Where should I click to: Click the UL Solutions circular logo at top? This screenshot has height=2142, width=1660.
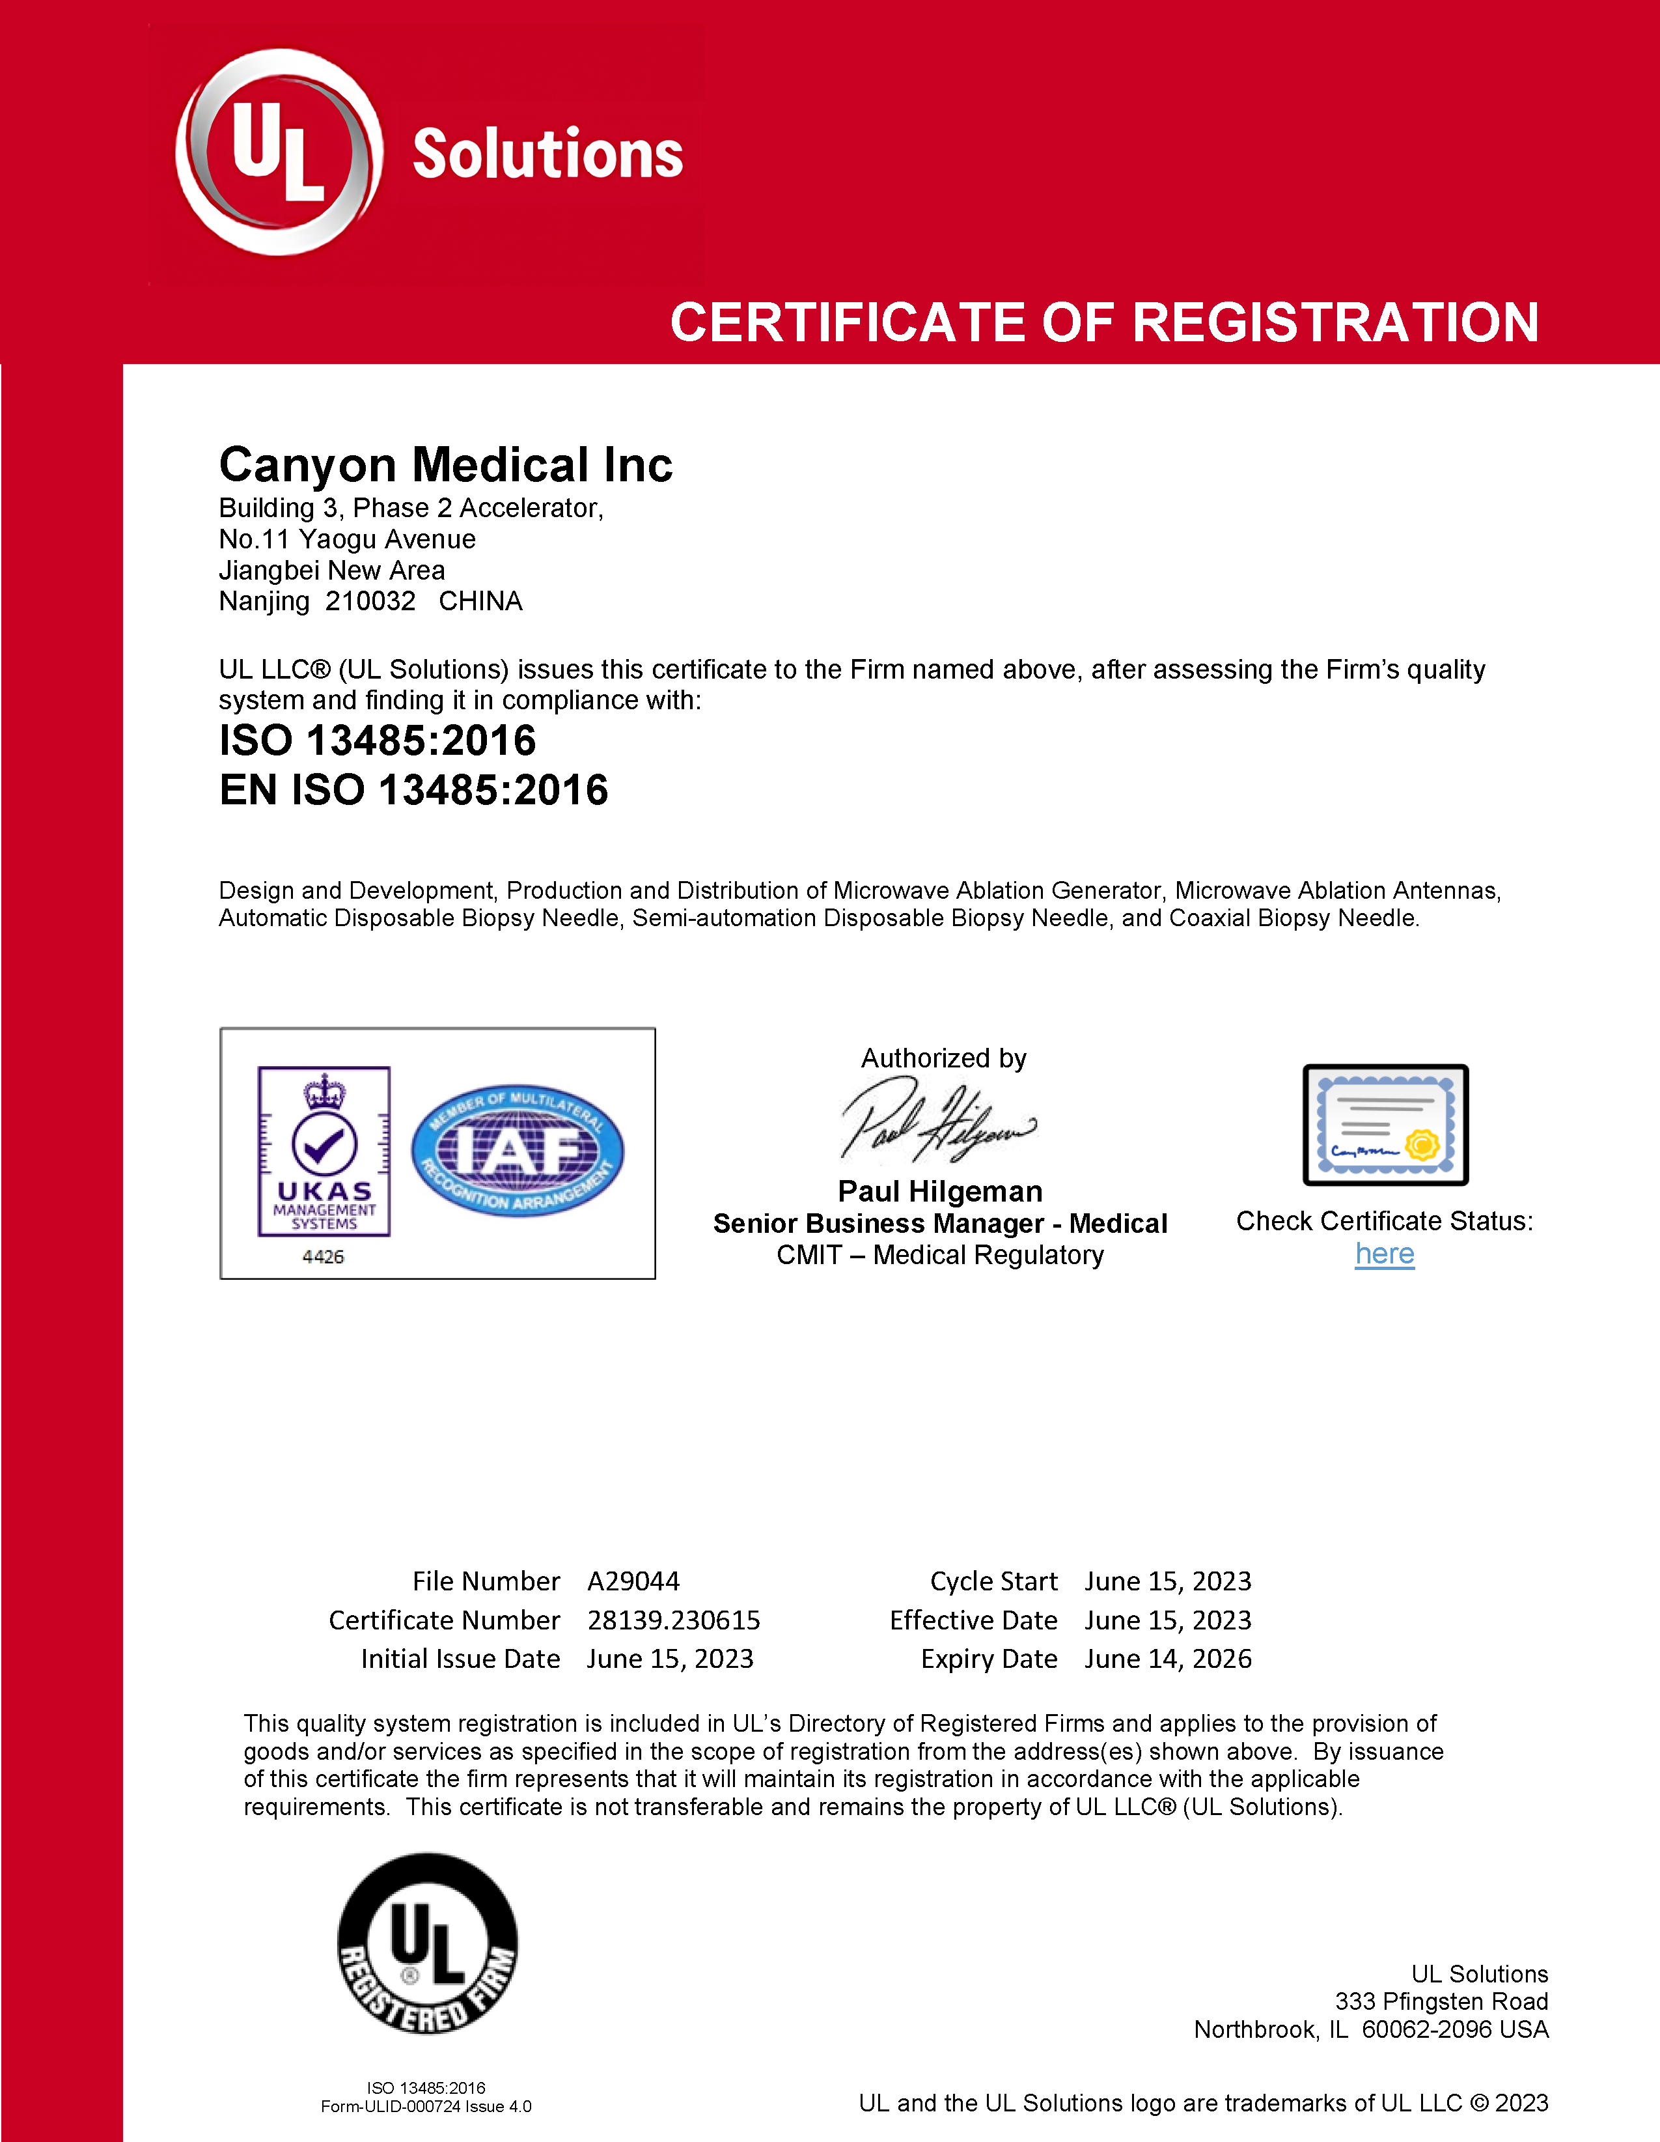(x=279, y=153)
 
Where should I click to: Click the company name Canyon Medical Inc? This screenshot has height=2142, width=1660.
(x=445, y=465)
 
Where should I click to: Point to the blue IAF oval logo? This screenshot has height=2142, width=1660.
(x=517, y=1150)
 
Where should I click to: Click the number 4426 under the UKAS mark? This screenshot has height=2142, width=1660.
(x=323, y=1256)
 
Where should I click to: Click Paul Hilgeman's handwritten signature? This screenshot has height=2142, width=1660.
(x=936, y=1121)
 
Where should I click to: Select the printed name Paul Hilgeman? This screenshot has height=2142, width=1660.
(x=939, y=1192)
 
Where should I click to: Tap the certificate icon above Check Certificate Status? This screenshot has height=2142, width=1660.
(x=1385, y=1124)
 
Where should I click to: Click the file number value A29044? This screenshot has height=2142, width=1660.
(x=633, y=1581)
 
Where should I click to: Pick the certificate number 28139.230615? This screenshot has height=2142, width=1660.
(x=674, y=1620)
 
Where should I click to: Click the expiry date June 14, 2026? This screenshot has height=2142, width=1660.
(x=1168, y=1659)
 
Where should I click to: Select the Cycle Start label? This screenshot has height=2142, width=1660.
(x=993, y=1581)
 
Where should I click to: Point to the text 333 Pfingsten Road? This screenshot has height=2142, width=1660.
(x=1441, y=2002)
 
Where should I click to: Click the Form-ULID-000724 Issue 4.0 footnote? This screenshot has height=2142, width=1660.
(x=426, y=2107)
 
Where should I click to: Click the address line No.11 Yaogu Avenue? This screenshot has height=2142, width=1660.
(x=347, y=539)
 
